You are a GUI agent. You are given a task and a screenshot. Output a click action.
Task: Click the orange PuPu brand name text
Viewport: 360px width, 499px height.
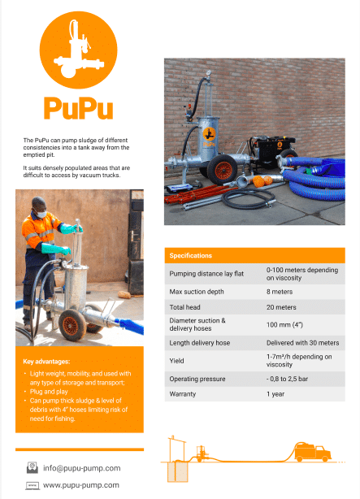(x=78, y=109)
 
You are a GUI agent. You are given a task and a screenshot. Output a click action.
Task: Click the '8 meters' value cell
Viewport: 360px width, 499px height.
(x=281, y=291)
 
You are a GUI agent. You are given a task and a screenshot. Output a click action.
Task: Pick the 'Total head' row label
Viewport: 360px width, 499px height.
(x=186, y=307)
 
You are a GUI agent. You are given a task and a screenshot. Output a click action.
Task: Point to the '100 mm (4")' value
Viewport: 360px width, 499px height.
(x=285, y=325)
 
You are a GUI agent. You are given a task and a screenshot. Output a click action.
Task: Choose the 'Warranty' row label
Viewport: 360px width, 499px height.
(x=184, y=393)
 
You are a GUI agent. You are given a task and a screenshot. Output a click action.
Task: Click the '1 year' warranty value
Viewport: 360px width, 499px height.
(x=276, y=393)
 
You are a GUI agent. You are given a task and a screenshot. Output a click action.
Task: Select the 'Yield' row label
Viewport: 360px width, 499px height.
(x=177, y=361)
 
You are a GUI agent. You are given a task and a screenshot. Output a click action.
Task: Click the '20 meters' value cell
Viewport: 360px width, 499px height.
(x=283, y=307)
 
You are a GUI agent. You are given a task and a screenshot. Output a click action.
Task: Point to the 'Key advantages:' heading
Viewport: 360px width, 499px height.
(x=47, y=361)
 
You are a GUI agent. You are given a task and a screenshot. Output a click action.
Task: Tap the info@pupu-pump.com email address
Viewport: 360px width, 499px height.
(x=82, y=467)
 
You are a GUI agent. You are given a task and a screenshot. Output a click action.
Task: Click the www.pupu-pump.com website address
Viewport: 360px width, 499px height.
(x=81, y=485)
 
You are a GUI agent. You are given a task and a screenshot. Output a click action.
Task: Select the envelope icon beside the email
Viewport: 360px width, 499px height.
(x=33, y=467)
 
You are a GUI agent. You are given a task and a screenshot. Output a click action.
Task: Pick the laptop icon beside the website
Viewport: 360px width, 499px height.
(x=33, y=485)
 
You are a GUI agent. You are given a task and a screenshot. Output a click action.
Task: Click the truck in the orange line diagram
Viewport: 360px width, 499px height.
(x=313, y=452)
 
